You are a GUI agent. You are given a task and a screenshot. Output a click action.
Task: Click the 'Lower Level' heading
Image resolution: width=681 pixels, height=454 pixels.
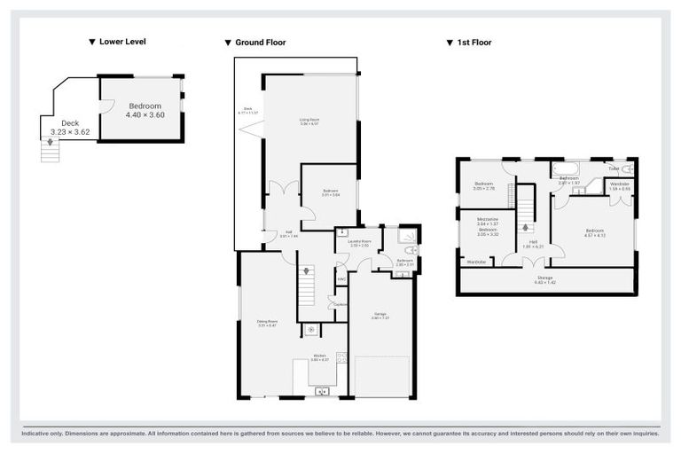tap(122, 42)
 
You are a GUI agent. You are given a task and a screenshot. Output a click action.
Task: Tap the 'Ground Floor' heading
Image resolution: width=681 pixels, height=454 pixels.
tap(260, 43)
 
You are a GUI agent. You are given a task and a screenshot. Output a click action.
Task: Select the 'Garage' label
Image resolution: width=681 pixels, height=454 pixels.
tap(380, 313)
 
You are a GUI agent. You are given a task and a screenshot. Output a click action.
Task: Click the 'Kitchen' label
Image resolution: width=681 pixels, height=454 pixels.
tap(319, 356)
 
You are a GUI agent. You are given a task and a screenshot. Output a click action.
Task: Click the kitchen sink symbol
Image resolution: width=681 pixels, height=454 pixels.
tap(321, 390)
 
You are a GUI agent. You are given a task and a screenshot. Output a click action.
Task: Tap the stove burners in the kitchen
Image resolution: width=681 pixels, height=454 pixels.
tap(340, 360)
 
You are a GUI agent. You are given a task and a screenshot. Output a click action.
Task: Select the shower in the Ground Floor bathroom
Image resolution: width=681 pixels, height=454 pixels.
tap(407, 236)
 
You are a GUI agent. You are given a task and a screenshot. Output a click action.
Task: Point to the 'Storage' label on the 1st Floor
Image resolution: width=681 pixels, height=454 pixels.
tap(544, 278)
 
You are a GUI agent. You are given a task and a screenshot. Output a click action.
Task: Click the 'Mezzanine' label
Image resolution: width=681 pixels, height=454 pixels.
tap(487, 219)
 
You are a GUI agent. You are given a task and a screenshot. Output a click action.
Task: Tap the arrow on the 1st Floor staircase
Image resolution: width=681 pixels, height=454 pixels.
tap(527, 227)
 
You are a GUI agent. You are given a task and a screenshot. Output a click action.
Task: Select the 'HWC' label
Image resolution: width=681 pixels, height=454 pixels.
tap(340, 279)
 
